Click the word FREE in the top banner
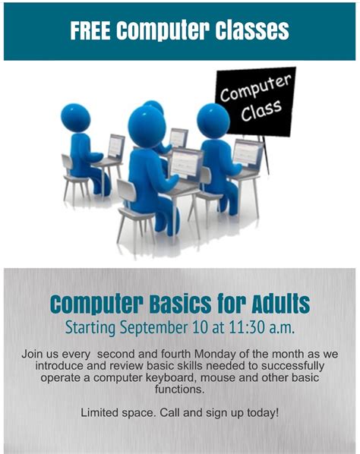click(90, 30)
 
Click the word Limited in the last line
click(101, 413)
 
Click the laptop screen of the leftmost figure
click(116, 145)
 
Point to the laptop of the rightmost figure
click(247, 154)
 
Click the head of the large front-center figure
click(147, 124)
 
